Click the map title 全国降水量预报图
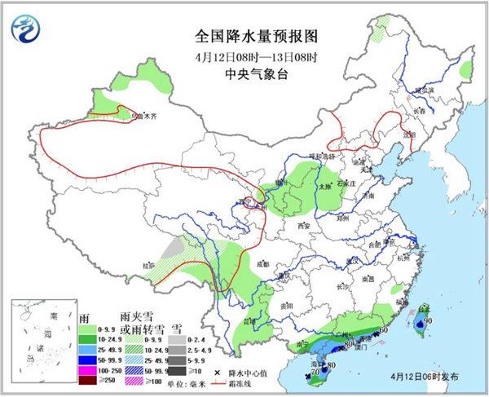pos(244,37)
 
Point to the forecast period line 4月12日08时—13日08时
pos(244,56)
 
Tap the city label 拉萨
pos(148,266)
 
